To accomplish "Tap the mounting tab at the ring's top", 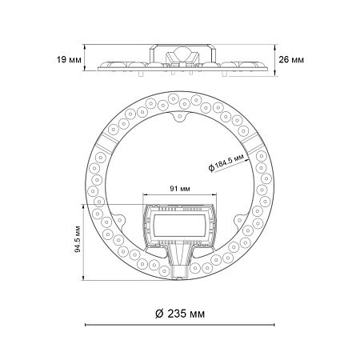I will [x=179, y=120].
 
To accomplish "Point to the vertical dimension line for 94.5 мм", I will [x=84, y=240].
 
